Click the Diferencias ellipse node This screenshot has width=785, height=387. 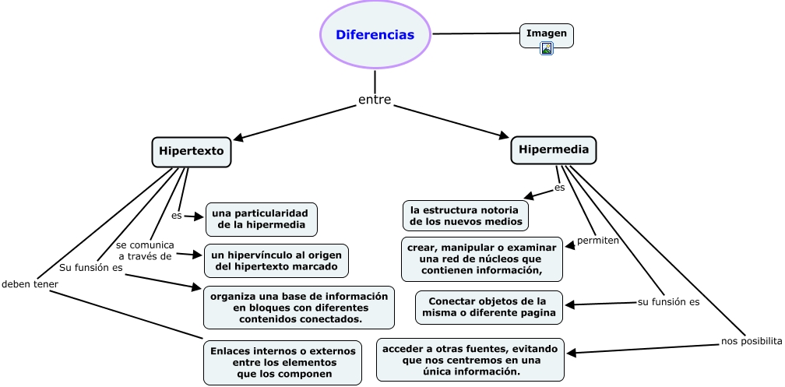point(375,35)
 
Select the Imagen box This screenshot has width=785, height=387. point(547,33)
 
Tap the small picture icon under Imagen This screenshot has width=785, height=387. point(547,48)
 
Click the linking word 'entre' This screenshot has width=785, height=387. point(375,100)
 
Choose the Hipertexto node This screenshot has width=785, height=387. point(192,151)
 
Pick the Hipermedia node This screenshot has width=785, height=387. point(553,150)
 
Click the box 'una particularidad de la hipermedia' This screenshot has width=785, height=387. point(261,220)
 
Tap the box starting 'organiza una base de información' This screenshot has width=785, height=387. point(298,308)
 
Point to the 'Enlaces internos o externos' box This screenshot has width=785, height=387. point(283,362)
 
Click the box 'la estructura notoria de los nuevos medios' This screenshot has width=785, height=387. point(466,216)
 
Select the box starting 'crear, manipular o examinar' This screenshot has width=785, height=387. point(481,259)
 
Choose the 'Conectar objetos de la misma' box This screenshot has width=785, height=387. point(488,307)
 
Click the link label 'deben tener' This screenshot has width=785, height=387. point(30,284)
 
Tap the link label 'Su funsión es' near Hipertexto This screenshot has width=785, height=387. point(91,268)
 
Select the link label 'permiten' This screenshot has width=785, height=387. point(597,241)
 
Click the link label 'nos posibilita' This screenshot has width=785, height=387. point(751,341)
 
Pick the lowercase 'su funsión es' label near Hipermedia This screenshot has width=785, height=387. point(668,301)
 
